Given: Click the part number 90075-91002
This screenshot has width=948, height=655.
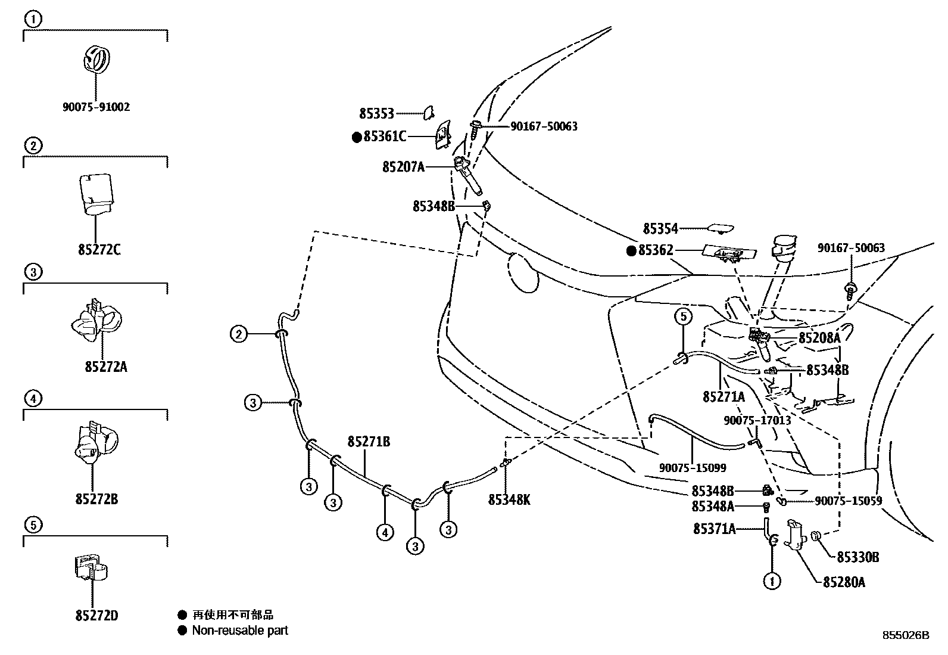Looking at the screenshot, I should tap(96, 107).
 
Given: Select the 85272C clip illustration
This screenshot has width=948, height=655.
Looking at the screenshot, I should tap(95, 193).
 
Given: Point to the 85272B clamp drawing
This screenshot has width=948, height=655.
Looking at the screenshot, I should tap(94, 442).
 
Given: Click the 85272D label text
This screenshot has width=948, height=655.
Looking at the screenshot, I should tap(97, 615).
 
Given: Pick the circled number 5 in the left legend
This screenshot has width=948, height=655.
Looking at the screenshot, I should tap(33, 524).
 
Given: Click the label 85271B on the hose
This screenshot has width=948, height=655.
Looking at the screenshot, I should tap(369, 442).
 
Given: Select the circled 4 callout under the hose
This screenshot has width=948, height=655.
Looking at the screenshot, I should tap(385, 532).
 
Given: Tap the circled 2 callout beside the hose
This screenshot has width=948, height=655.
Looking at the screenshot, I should tap(239, 334).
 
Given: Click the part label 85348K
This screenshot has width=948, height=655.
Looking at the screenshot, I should tap(509, 500).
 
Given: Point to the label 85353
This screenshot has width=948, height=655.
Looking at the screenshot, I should tap(377, 113).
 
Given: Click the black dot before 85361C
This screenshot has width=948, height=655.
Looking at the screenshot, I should tap(356, 137).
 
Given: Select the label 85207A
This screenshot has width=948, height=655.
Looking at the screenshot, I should tap(403, 167).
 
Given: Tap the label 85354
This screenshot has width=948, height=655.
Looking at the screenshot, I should tap(660, 228).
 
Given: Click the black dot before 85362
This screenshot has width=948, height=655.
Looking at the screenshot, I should tap(631, 251).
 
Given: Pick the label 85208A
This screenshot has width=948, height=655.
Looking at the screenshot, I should tap(819, 338).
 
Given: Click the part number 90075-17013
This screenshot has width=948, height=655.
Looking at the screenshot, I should tap(757, 420).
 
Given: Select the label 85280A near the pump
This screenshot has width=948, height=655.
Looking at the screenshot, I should tap(844, 582).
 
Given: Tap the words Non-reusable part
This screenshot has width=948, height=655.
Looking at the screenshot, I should tap(239, 630).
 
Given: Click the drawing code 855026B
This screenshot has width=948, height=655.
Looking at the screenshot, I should tap(906, 635).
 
